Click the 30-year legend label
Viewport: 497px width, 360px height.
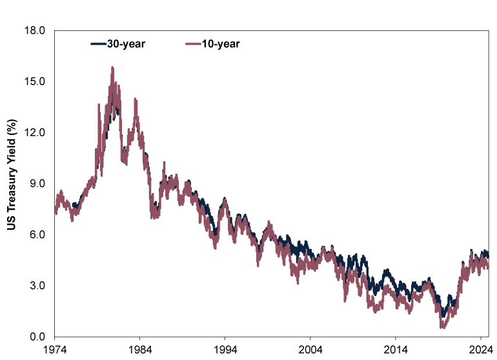[x=127, y=44]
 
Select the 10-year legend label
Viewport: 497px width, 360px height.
[x=221, y=44]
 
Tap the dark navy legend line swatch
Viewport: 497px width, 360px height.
[x=98, y=44]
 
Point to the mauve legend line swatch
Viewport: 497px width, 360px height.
[x=193, y=44]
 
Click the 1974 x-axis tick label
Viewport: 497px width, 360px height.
[x=55, y=349]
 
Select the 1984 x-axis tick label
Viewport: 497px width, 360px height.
[x=140, y=349]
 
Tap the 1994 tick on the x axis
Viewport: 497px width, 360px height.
[x=225, y=349]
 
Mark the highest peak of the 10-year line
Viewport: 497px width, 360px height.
[x=112, y=67]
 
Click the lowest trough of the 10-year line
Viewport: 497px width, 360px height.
[x=442, y=327]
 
